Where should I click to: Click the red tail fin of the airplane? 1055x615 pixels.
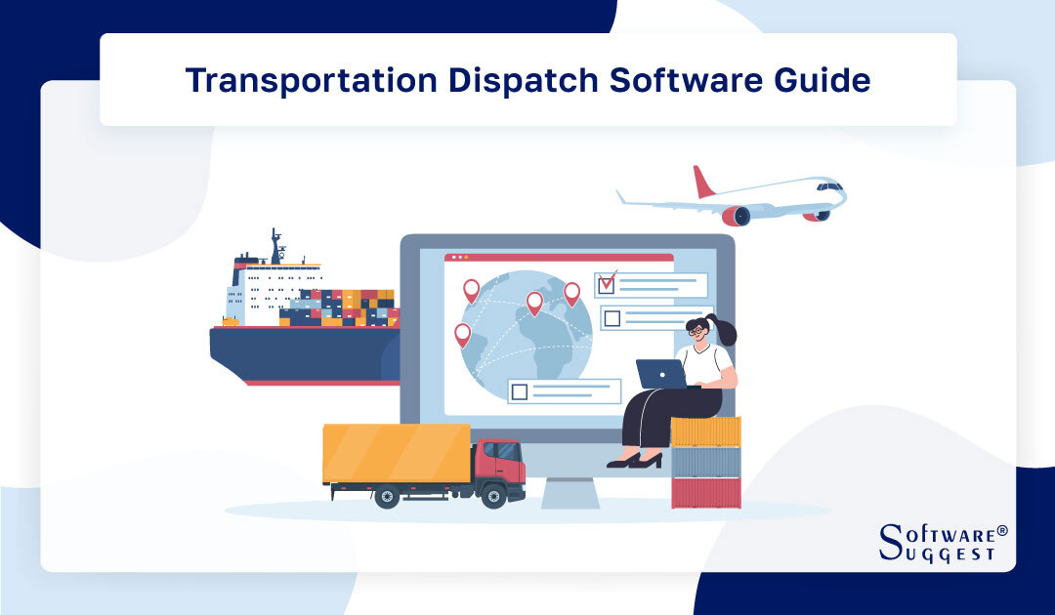pos(702,183)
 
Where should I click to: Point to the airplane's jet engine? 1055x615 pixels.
pos(736,215)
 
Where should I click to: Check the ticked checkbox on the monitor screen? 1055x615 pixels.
pos(607,283)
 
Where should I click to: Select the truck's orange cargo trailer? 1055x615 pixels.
pos(396,453)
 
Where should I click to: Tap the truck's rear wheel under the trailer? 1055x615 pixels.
pos(387,497)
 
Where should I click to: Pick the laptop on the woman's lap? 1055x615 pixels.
pos(660,374)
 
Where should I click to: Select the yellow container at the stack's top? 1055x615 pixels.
pos(705,430)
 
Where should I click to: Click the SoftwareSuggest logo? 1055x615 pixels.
pos(942,543)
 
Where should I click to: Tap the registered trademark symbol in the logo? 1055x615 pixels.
pos(1002,530)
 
